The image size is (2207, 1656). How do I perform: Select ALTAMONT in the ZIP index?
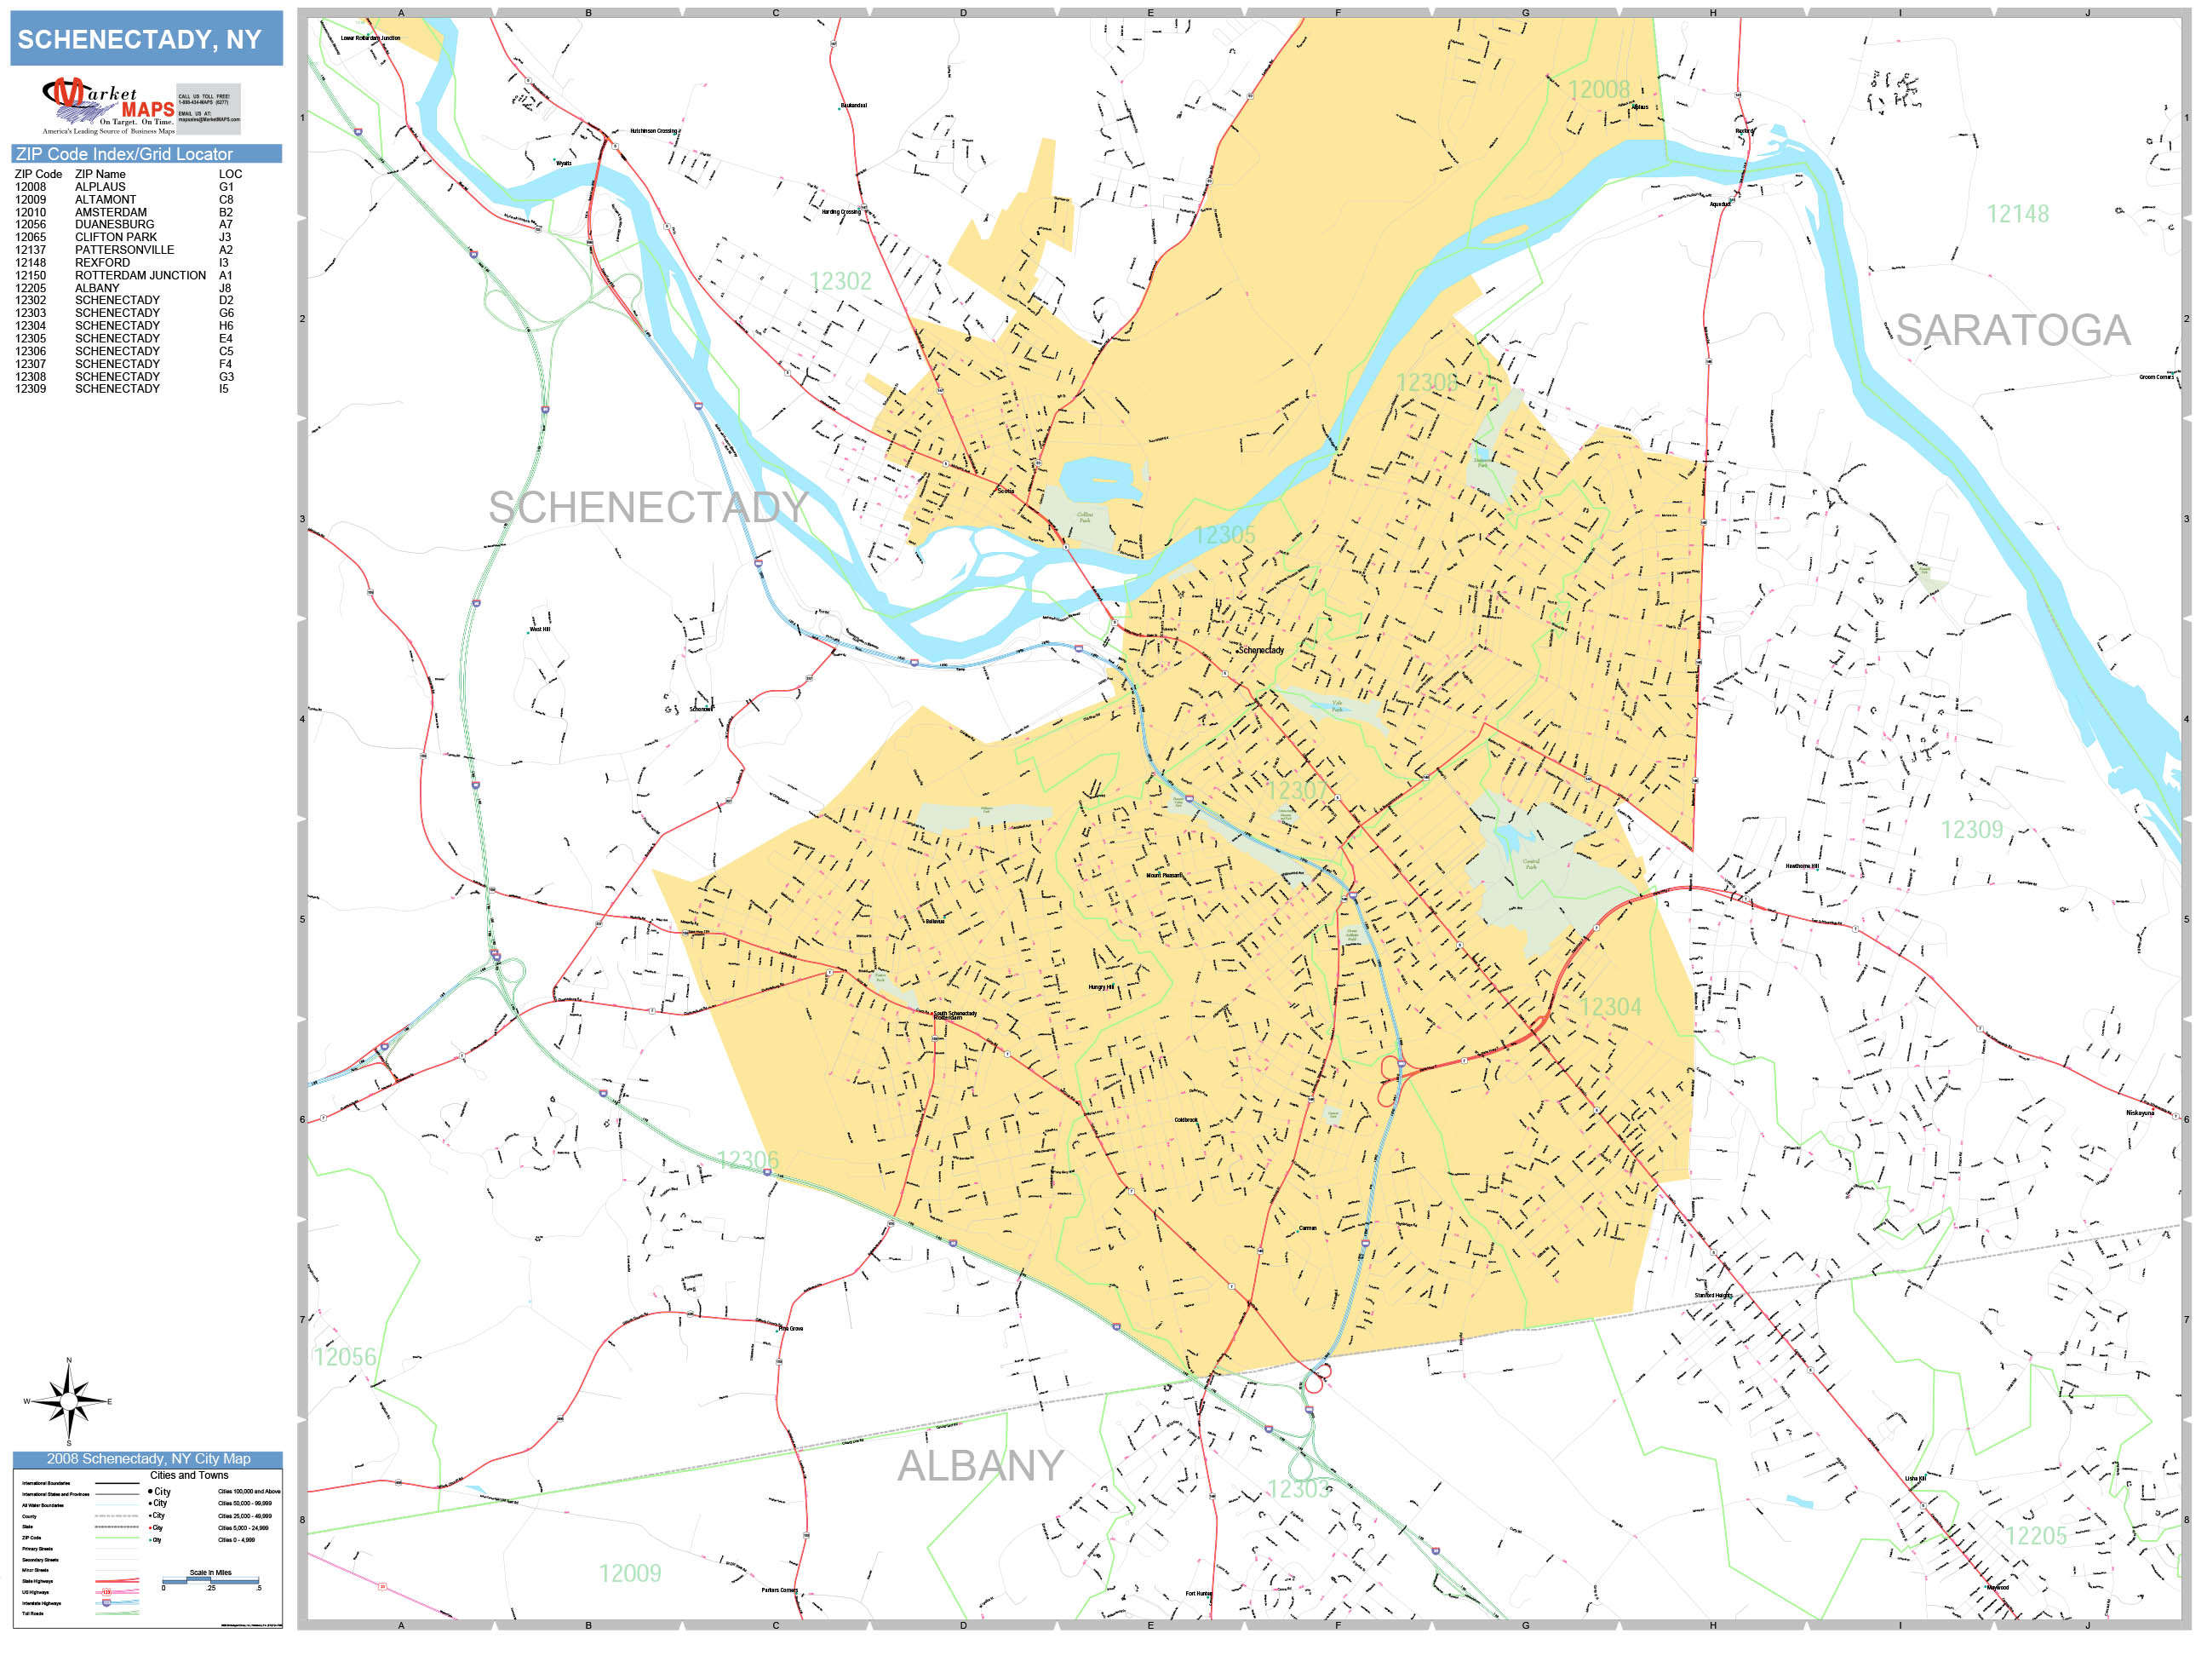click(105, 199)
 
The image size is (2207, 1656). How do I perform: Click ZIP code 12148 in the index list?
click(30, 262)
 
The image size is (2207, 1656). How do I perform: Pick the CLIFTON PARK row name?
click(116, 238)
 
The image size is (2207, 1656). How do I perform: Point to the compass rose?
click(68, 1401)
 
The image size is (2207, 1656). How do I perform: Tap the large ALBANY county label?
click(980, 1465)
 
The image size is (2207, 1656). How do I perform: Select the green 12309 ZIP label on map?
click(1970, 830)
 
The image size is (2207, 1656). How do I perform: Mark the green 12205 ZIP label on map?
click(2035, 1536)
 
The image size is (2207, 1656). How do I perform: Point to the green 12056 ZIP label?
click(344, 1356)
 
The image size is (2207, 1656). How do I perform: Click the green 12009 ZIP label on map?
click(628, 1573)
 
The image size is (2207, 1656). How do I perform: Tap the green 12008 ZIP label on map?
click(1597, 89)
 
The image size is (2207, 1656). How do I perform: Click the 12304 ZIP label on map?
click(1609, 1006)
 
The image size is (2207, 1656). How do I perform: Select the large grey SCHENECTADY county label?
click(646, 507)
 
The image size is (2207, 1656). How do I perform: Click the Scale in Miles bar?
click(209, 1580)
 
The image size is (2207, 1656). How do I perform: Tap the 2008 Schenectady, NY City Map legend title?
click(147, 1458)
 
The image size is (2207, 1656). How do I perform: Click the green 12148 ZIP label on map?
click(2016, 214)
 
